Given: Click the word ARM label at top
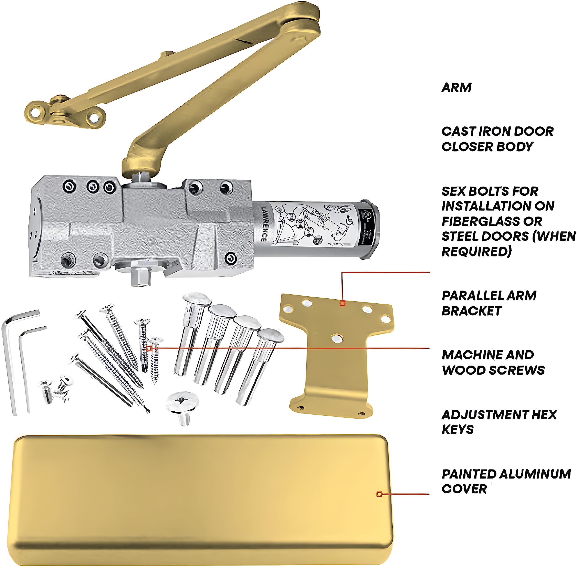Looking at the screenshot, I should tap(456, 87).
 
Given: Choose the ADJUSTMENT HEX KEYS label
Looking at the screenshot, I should tap(499, 422).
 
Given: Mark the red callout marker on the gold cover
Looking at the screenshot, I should tap(379, 494).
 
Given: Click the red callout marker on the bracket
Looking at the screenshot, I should tap(343, 303).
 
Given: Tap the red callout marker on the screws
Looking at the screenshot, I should tap(149, 348).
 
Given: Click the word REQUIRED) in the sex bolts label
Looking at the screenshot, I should tap(476, 252).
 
